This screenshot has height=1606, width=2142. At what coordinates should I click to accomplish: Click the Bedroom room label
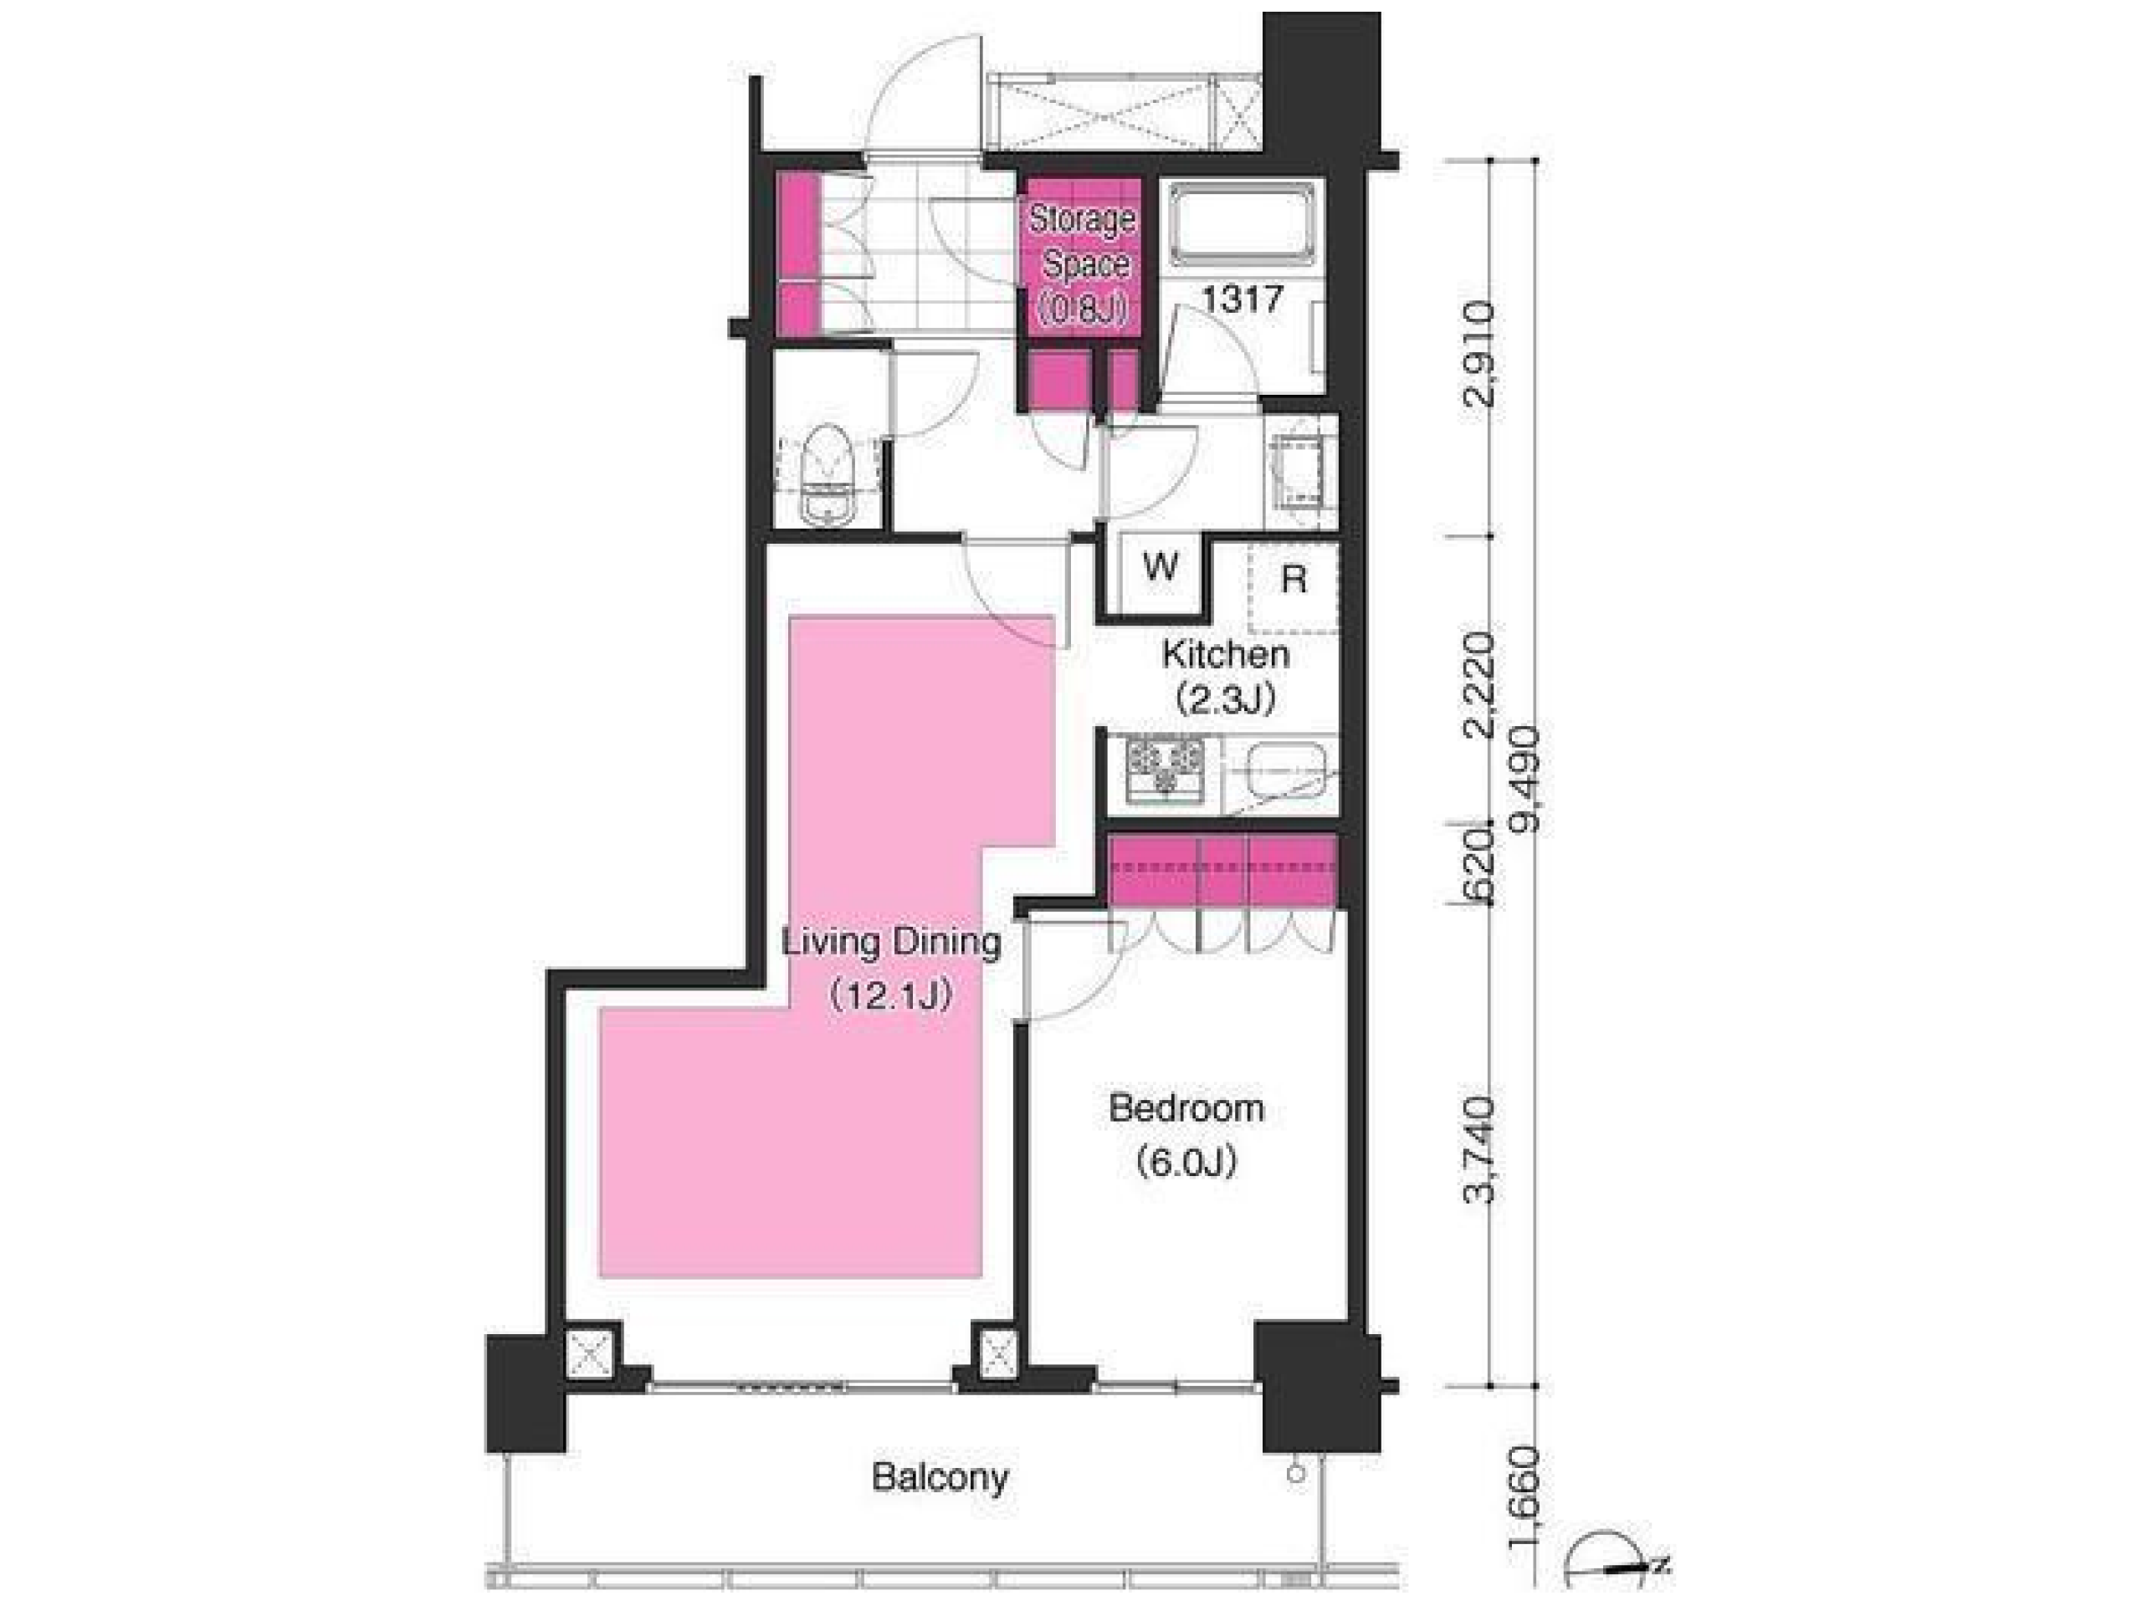pyautogui.click(x=1186, y=1108)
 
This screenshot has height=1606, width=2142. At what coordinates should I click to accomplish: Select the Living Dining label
pyautogui.click(x=891, y=942)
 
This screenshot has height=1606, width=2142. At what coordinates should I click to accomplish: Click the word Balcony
pyautogui.click(x=940, y=1477)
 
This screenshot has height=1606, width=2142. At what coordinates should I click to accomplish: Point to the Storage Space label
pyautogui.click(x=1082, y=242)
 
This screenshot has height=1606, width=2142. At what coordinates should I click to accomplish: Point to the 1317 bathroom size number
pyautogui.click(x=1243, y=300)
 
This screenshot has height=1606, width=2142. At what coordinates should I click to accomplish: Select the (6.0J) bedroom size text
pyautogui.click(x=1186, y=1162)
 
